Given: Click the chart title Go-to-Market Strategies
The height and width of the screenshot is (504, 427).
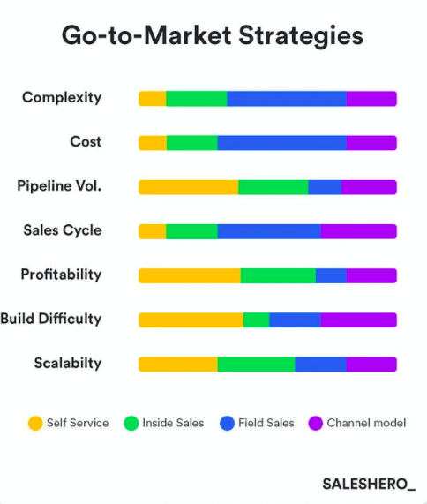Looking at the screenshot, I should pos(212,36).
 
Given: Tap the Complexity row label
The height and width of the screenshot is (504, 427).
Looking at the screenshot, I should pos(62,97).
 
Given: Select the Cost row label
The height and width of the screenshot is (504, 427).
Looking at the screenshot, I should pos(86,141).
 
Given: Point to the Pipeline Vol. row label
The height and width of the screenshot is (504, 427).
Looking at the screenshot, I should pos(59,186).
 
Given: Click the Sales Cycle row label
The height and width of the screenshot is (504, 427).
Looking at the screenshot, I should pos(63,230).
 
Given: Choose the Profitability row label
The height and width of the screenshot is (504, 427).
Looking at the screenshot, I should pos(61,275).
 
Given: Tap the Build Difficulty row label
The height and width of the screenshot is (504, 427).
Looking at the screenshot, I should pos(51,319).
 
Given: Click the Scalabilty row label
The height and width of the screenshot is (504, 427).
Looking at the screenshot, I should pos(68,363).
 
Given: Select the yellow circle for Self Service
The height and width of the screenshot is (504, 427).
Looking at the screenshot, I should pos(35,424).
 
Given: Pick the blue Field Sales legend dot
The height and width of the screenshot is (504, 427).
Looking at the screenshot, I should pos(225,424).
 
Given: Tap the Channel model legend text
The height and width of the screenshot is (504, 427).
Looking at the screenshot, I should pos(366,424).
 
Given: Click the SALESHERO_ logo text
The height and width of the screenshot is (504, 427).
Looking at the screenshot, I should pos(369,484).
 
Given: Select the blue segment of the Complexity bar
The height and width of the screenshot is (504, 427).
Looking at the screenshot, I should pos(286,98).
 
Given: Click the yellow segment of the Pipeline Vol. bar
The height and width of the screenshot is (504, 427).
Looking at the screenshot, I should pos(188,187).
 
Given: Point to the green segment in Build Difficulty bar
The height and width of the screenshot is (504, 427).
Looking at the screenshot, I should pos(256,320).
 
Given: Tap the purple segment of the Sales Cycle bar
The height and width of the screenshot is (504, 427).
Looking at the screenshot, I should pos(358,231).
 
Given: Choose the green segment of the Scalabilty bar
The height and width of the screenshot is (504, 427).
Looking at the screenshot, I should pos(256,364).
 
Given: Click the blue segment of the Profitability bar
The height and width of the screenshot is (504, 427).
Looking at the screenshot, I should pos(331,275).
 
